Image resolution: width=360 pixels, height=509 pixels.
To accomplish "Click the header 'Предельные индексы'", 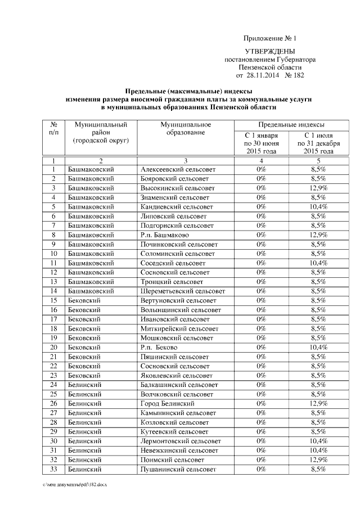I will coord(291,124).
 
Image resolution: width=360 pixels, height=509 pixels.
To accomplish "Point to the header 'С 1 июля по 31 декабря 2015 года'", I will coord(318,143).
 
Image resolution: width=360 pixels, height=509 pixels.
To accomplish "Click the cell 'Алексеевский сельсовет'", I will coord(177,169).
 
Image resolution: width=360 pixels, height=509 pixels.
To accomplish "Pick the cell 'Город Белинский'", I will coord(167,404).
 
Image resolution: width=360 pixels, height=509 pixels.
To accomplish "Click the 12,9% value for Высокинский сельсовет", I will coord(318,188).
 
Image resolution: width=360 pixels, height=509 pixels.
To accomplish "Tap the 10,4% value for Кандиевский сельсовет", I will coord(318,207).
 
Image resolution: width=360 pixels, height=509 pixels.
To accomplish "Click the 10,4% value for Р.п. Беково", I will coord(318,348).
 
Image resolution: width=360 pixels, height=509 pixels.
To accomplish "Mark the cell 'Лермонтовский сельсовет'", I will coord(180,441).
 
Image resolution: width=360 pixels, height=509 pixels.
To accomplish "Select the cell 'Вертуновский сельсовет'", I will coord(178,300).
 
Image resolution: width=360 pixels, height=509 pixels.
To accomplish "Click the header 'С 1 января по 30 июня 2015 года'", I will coord(261,143).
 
